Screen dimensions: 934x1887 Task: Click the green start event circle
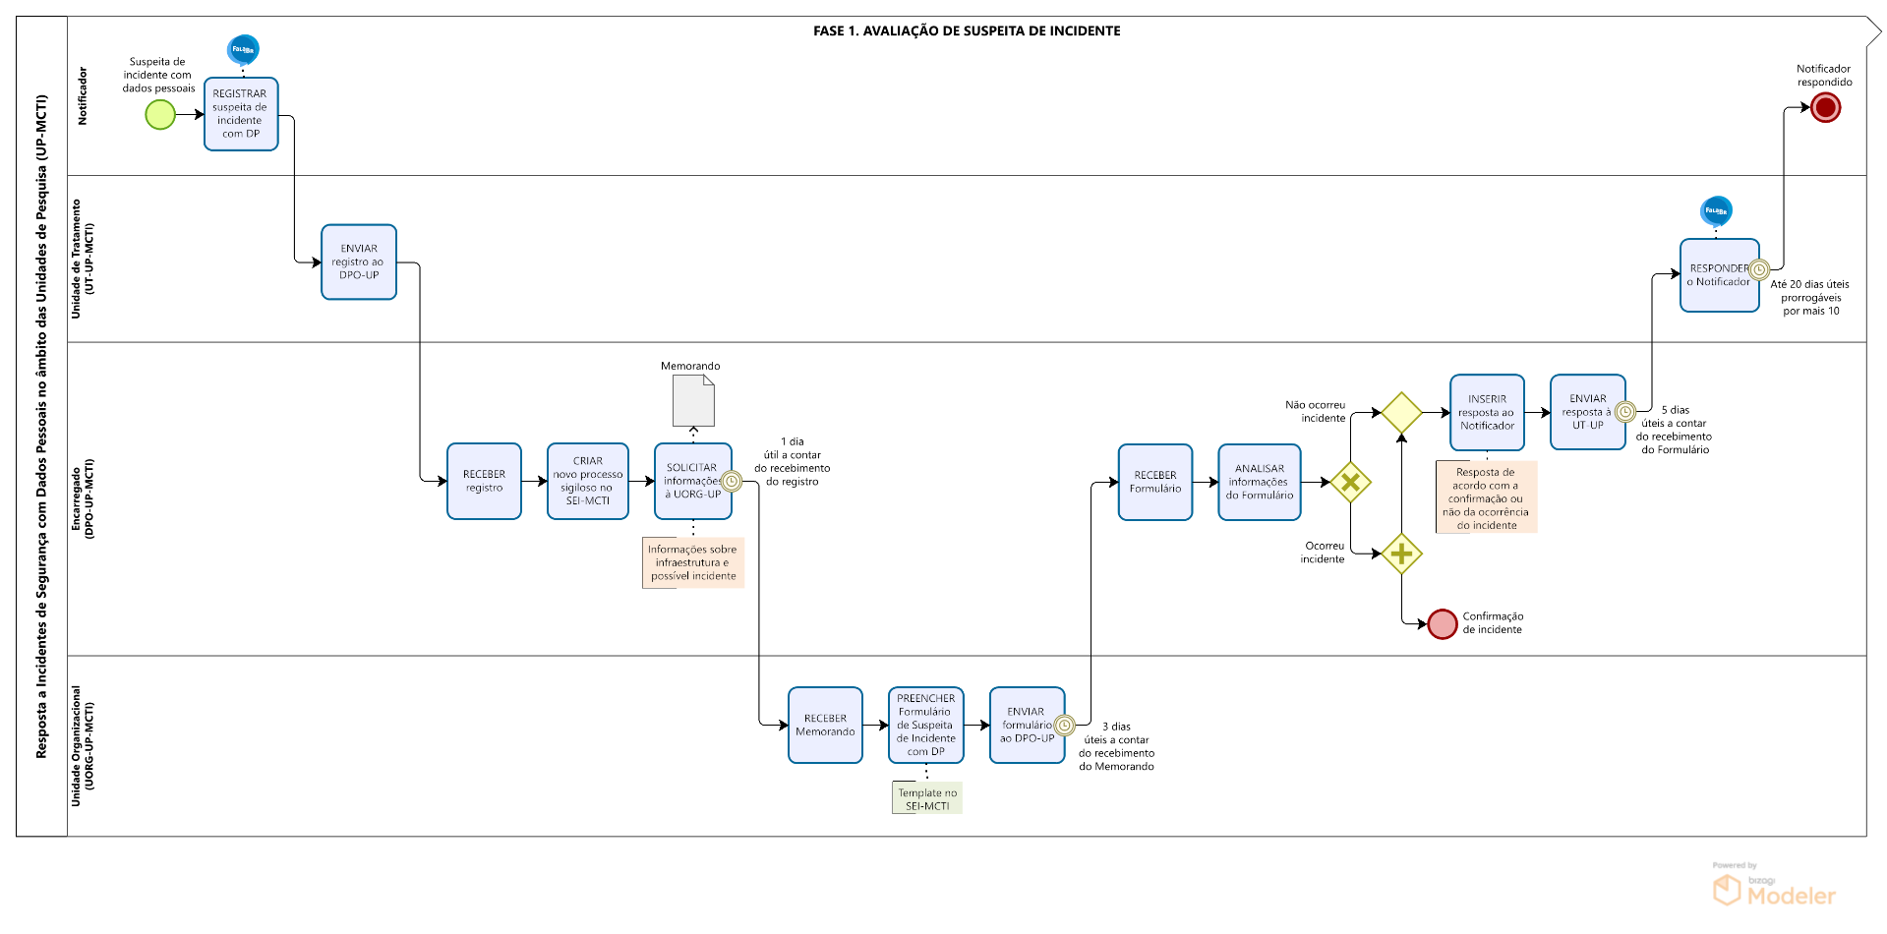click(160, 115)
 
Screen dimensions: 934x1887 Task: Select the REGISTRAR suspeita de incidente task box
click(241, 114)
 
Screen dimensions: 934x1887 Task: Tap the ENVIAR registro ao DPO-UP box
click(359, 262)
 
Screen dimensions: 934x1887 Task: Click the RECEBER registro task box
click(484, 481)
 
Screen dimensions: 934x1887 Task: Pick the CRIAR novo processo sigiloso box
click(588, 481)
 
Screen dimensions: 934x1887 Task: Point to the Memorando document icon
click(693, 401)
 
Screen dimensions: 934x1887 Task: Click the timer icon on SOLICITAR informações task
click(732, 481)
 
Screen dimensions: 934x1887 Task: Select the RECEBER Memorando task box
click(825, 725)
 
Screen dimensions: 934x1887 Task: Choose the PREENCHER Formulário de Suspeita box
click(925, 725)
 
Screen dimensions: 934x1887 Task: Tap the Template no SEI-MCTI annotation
click(927, 798)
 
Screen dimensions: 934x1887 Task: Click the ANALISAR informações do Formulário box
click(1260, 482)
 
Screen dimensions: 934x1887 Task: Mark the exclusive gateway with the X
click(1351, 483)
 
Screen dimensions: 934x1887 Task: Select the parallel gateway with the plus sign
click(1401, 555)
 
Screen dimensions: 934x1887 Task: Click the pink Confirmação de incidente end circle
click(1443, 623)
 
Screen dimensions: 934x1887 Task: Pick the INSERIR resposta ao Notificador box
click(1487, 412)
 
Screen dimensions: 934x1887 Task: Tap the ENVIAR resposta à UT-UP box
click(1587, 412)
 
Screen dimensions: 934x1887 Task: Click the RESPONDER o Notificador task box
click(1719, 275)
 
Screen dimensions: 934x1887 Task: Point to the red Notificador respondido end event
click(1825, 108)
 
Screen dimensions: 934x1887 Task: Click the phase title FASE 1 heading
click(967, 30)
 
